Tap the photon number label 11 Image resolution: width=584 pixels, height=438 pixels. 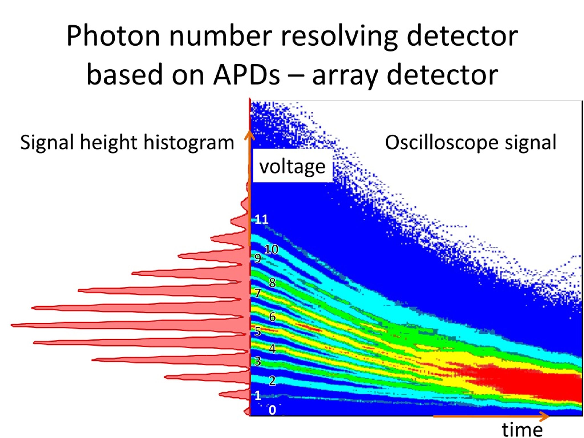click(261, 219)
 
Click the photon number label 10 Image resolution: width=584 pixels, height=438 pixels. click(271, 250)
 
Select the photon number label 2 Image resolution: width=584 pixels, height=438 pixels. click(272, 381)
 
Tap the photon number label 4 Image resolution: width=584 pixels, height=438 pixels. click(272, 349)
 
